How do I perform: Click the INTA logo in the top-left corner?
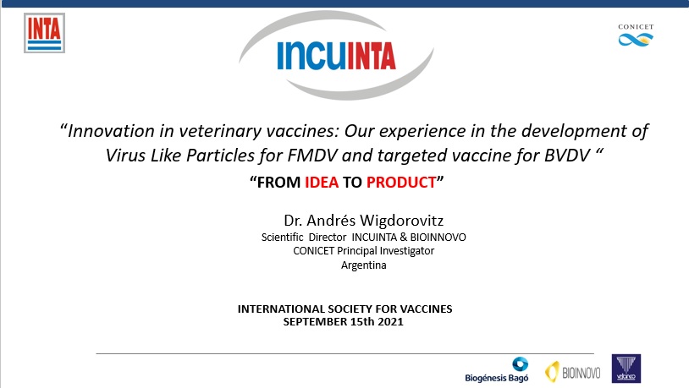point(44,33)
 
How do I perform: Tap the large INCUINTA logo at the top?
point(336,55)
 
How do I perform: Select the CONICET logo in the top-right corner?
point(636,36)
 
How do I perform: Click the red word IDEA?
point(322,182)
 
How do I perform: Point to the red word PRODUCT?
point(401,182)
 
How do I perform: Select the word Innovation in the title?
point(111,131)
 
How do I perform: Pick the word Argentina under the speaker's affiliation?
point(364,265)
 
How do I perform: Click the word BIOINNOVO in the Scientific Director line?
point(438,237)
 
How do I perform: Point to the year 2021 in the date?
point(391,322)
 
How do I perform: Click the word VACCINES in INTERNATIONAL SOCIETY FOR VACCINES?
point(427,309)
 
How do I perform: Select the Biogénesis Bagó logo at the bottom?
point(497,369)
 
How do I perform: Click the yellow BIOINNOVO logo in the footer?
point(573,372)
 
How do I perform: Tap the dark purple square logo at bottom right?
point(626,369)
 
